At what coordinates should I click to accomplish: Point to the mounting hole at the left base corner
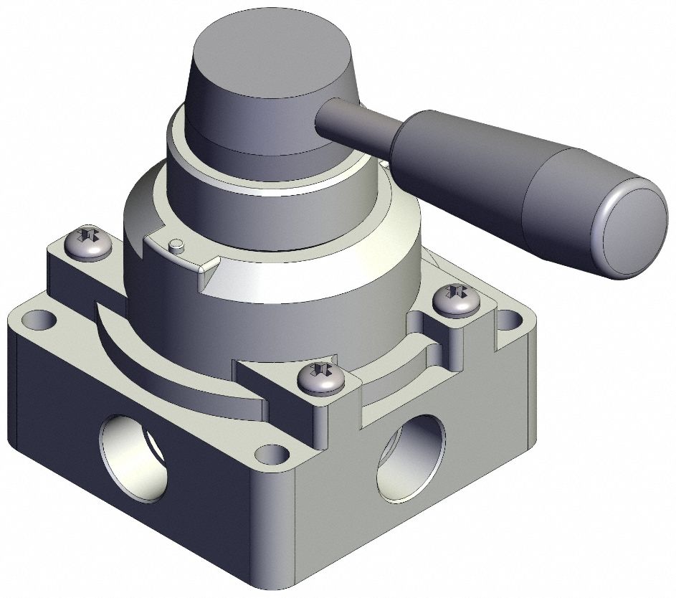click(x=37, y=318)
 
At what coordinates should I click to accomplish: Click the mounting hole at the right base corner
click(x=510, y=320)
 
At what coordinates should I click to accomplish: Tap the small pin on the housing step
click(x=176, y=245)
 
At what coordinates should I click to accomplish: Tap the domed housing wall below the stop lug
click(x=272, y=315)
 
